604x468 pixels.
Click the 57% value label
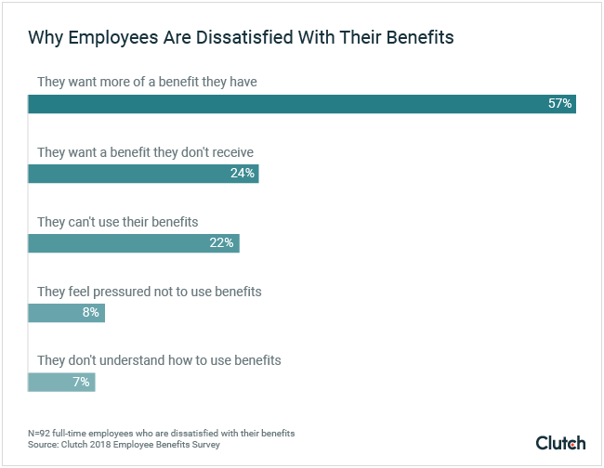(559, 104)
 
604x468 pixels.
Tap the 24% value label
(243, 174)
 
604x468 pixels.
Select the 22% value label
(223, 243)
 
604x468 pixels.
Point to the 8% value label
(91, 313)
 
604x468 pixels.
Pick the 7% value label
(81, 383)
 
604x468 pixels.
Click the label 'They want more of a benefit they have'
(147, 82)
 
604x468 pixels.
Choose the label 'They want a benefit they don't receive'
(145, 151)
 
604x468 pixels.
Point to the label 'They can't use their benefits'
(118, 222)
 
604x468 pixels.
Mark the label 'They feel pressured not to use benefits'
(150, 292)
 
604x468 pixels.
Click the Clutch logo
(560, 443)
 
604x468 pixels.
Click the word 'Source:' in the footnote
(45, 446)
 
